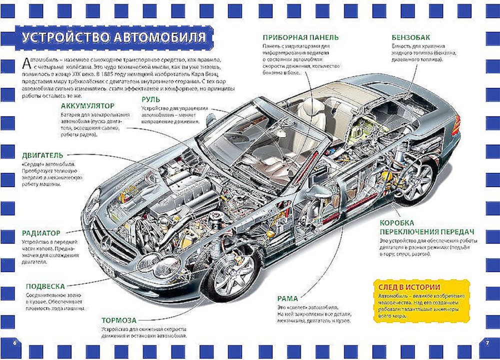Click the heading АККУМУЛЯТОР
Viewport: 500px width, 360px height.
(87, 106)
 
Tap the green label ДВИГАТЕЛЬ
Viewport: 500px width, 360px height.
(42, 155)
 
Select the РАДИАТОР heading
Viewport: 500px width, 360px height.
(41, 233)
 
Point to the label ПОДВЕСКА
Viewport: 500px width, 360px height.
(45, 286)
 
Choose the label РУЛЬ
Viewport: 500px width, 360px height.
(150, 99)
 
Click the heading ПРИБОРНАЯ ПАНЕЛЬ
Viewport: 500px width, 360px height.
(300, 37)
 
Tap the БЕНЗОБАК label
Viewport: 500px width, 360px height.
(411, 37)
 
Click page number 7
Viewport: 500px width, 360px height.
(486, 342)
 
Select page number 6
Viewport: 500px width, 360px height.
(14, 342)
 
